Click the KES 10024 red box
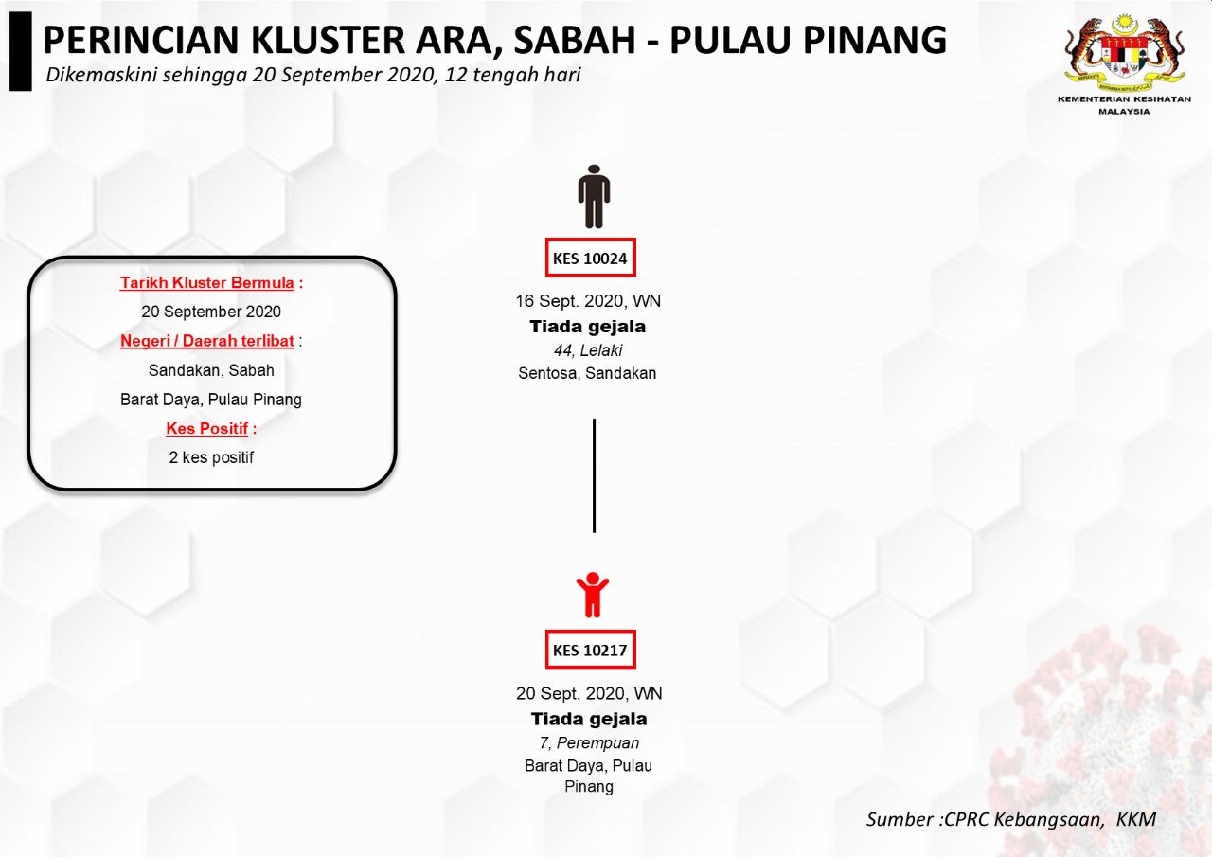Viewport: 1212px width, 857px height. [590, 258]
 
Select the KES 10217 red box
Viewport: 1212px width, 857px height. [590, 650]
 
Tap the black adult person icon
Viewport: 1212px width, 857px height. [594, 196]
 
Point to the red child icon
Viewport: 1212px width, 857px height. [593, 595]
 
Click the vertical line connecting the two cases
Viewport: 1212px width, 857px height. [594, 475]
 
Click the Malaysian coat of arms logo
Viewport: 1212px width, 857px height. [1124, 53]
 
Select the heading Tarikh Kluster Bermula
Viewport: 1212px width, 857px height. [206, 282]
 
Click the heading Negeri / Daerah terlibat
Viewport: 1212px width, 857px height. [207, 341]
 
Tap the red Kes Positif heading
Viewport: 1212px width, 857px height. [206, 428]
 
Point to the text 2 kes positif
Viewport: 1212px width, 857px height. [211, 457]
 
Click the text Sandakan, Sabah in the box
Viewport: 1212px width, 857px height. [211, 370]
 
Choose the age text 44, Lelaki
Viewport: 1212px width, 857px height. [588, 350]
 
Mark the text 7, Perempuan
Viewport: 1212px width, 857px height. [589, 742]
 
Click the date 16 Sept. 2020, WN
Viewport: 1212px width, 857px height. [588, 301]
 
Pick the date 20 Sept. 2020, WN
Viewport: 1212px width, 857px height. [589, 693]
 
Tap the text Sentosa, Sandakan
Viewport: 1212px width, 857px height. [587, 373]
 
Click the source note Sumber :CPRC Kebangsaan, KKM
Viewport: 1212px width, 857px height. [1010, 819]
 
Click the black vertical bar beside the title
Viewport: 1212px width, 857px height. [21, 51]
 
